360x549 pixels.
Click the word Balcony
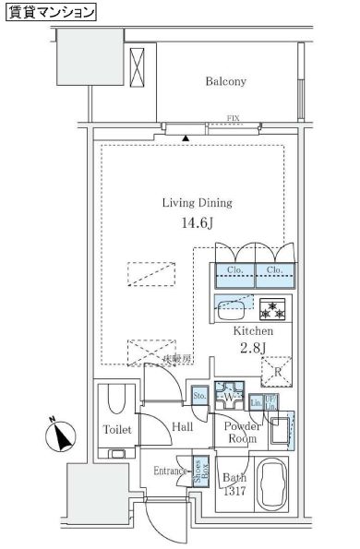[x=225, y=82]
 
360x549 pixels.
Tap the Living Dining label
[x=197, y=203]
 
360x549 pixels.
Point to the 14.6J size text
[x=198, y=223]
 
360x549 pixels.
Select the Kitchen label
[x=252, y=330]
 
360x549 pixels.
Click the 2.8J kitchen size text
[x=253, y=347]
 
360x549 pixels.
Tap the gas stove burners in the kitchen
[x=272, y=307]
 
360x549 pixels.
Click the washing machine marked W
[x=227, y=398]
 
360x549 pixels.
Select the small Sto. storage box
[x=199, y=397]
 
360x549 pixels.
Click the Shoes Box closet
[x=198, y=471]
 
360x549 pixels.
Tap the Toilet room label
[x=117, y=430]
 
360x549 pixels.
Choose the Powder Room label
[x=241, y=433]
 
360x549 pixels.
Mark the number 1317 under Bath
[x=236, y=492]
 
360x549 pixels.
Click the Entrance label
[x=170, y=471]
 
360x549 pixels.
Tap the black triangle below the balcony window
[x=187, y=137]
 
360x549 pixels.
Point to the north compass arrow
[x=59, y=435]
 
